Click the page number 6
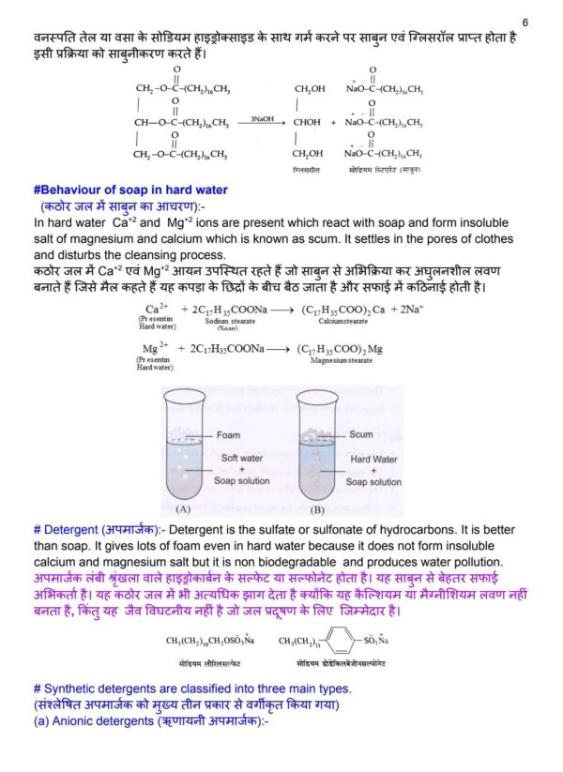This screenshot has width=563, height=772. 525,22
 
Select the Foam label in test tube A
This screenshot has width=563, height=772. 228,435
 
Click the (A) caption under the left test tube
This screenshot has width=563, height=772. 182,510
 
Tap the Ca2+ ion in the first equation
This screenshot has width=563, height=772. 156,308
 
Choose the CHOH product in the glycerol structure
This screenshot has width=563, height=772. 309,122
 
